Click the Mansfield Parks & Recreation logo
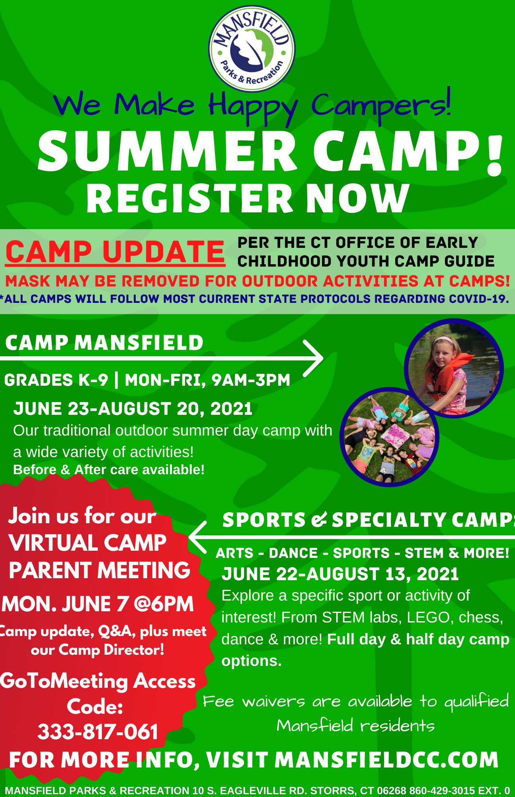[x=252, y=49]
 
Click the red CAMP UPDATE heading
[x=115, y=252]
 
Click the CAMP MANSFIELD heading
[x=104, y=343]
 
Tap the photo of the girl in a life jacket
[x=454, y=368]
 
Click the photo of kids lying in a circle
[x=389, y=437]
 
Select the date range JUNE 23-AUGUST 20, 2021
[x=133, y=409]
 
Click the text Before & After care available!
[x=109, y=469]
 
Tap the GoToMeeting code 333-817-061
[x=98, y=732]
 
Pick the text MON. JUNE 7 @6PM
[x=98, y=604]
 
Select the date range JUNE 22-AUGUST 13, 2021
[x=340, y=574]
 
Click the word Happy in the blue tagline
[x=254, y=106]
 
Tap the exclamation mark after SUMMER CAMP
[x=495, y=156]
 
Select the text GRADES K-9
[x=56, y=380]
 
